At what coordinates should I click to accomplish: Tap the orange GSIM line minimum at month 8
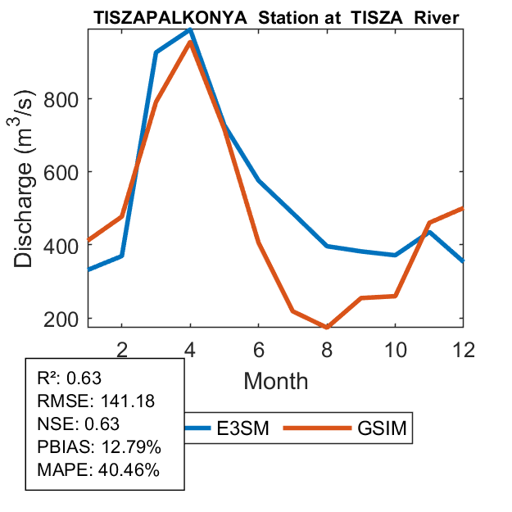[x=327, y=327]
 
